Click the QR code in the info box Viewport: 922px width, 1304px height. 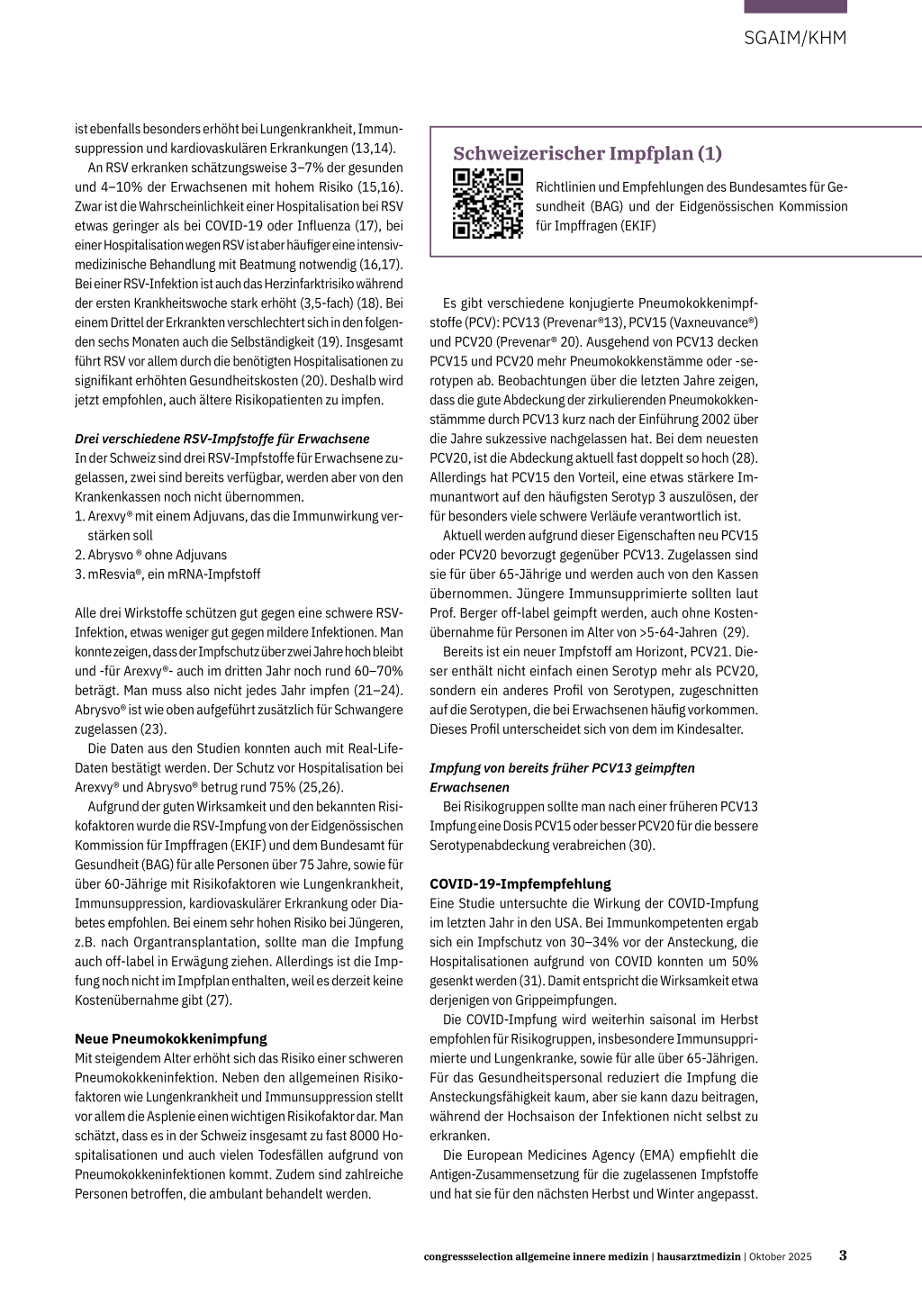coord(487,203)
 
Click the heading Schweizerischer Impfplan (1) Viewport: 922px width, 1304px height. coord(587,153)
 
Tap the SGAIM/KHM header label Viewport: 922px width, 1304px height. coord(795,38)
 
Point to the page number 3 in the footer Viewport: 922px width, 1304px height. coord(843,1255)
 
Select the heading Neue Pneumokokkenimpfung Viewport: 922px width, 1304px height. coord(171,1038)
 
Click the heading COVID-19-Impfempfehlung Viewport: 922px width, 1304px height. coord(520,883)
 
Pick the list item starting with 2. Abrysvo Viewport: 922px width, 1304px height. coord(150,555)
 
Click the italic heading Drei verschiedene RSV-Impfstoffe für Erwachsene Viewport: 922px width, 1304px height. coord(221,439)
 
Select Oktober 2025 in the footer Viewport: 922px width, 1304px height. coord(780,1256)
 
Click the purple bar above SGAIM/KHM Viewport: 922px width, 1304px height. coord(795,6)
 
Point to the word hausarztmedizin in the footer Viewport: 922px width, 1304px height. coord(699,1256)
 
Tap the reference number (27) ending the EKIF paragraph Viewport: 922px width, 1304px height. coord(217,1000)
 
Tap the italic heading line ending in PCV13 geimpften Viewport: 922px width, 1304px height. coord(562,767)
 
